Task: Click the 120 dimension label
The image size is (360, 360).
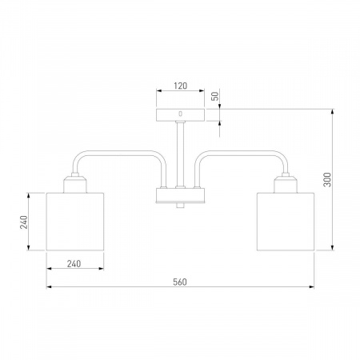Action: (x=181, y=86)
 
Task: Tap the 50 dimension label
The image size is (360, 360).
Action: (x=215, y=96)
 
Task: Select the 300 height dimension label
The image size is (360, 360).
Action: (x=327, y=179)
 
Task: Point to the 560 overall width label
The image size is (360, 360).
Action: (x=180, y=282)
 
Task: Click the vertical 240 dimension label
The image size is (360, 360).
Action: (x=24, y=222)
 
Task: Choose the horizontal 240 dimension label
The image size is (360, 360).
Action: (x=74, y=264)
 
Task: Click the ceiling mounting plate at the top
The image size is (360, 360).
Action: (x=180, y=115)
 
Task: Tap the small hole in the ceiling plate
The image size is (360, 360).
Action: (x=181, y=114)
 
